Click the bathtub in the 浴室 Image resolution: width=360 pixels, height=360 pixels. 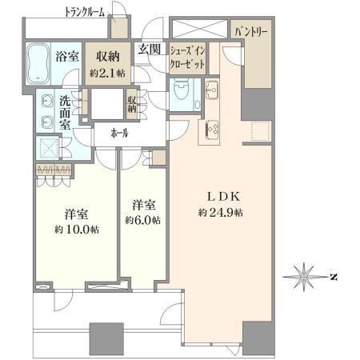[38, 63]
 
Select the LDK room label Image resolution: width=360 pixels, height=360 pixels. [224, 197]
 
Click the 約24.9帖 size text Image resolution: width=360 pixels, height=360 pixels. [221, 213]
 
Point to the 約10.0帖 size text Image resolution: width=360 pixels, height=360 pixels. [77, 229]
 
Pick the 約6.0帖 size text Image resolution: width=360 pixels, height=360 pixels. [143, 220]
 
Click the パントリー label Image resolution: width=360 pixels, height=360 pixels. [251, 33]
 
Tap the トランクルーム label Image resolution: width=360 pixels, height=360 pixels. [85, 13]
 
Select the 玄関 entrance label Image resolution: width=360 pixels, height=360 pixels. [150, 50]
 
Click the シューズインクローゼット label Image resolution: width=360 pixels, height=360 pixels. [188, 58]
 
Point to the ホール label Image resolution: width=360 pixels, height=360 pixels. [119, 133]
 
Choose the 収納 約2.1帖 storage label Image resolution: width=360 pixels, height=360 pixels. [108, 64]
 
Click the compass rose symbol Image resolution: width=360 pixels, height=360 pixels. [304, 277]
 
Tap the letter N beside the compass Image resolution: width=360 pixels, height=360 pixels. [334, 277]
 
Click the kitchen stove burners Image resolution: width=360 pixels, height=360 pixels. [213, 129]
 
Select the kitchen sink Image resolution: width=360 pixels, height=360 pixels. [212, 90]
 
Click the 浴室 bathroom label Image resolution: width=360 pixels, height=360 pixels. [67, 57]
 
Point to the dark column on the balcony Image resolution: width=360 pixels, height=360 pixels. [106, 338]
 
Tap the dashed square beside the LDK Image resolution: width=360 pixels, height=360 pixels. [261, 131]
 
